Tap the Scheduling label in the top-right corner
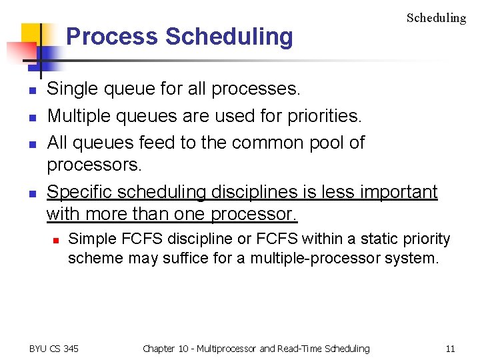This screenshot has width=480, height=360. pyautogui.click(x=436, y=18)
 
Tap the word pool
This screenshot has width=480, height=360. pyautogui.click(x=326, y=143)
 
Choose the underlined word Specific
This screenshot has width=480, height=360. pyautogui.click(x=79, y=192)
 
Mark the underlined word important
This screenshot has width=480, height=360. pyautogui.click(x=399, y=192)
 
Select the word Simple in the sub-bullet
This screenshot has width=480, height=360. pyautogui.click(x=90, y=239)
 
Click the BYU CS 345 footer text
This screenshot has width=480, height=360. pyautogui.click(x=54, y=348)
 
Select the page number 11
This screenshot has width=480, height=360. pyautogui.click(x=450, y=348)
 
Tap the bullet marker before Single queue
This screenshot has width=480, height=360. pyautogui.click(x=31, y=89)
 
